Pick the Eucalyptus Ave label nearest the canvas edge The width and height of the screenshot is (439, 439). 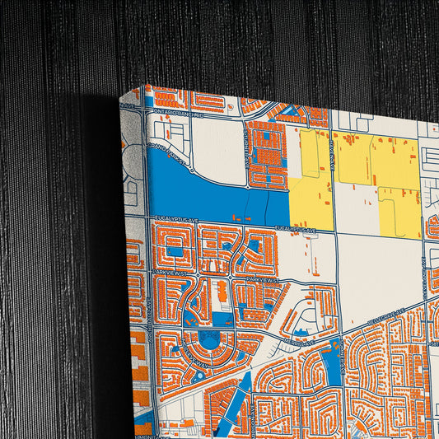click(x=172, y=219)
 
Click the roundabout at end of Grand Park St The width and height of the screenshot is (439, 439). click(x=191, y=170)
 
